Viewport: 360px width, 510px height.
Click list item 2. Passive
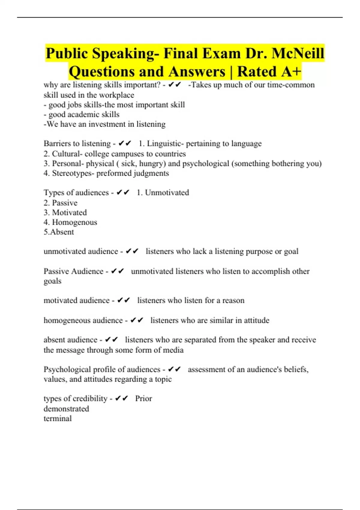60,203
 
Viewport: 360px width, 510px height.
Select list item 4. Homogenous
70,222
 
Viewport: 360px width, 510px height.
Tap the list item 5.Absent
59,232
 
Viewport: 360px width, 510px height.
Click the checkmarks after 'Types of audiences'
123,193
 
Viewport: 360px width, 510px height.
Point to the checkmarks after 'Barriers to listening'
125,144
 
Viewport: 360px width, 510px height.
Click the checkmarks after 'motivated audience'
124,300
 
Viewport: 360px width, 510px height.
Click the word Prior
143,398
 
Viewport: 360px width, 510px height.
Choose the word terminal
58,418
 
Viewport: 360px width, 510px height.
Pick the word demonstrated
66,409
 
